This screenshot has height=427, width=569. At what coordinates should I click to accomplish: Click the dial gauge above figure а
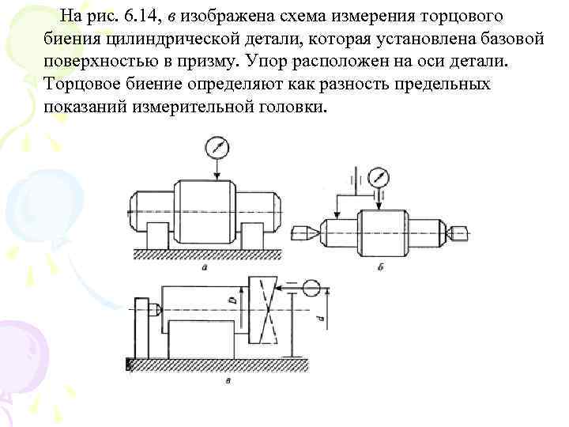pos(215,147)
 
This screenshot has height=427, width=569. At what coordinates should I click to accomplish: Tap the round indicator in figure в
pos(310,287)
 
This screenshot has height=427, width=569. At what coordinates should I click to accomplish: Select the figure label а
pos(205,268)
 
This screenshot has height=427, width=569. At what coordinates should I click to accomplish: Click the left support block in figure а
pos(157,235)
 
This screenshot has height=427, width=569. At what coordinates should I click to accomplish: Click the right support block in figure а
pos(253,235)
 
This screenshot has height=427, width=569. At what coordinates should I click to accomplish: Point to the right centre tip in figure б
pos(458,232)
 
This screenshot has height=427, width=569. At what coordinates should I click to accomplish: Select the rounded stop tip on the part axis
pos(160,308)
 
